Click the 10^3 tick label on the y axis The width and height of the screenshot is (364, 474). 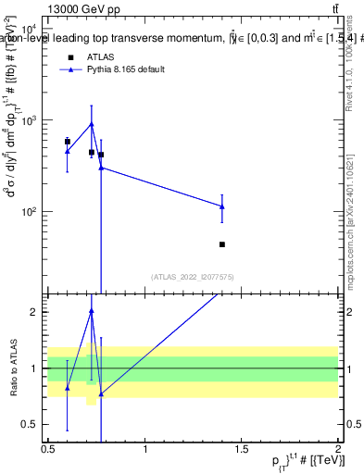(x=29, y=121)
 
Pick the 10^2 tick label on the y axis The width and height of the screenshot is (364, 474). (x=29, y=212)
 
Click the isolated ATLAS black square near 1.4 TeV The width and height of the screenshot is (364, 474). (x=222, y=244)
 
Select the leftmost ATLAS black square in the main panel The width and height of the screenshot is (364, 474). (x=67, y=142)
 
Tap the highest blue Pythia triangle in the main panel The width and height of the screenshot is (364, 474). (x=92, y=124)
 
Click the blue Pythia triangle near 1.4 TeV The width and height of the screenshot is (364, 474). (x=222, y=206)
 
